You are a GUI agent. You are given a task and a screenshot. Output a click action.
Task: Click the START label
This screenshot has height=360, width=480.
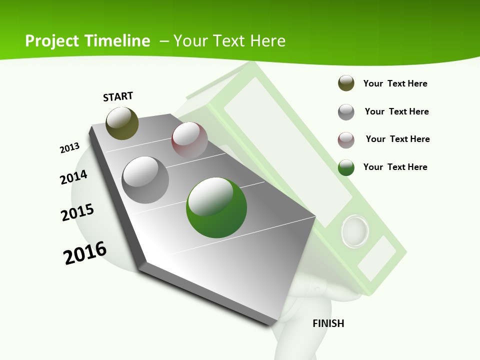pos(118,96)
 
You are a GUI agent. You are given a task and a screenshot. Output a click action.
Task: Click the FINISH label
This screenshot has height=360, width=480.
pos(328,323)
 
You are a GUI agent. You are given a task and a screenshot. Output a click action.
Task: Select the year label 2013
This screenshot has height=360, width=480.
pos(69,148)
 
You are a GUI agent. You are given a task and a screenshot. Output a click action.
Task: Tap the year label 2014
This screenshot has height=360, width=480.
pos(73,177)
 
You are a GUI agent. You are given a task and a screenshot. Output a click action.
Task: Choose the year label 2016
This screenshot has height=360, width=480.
pos(85,253)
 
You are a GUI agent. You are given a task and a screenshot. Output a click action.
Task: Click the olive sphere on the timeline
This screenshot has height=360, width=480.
pos(122,123)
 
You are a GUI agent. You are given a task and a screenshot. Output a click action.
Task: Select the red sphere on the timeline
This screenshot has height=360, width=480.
pos(189,140)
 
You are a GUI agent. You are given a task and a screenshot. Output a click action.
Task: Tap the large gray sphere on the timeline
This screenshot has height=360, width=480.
pos(145,179)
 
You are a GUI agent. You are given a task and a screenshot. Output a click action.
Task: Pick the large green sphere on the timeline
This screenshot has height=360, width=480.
pos(216,207)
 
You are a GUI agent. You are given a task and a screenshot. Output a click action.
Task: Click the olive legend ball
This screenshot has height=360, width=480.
pos(346,83)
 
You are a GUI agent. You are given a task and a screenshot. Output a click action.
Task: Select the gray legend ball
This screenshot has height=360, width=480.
pos(346,112)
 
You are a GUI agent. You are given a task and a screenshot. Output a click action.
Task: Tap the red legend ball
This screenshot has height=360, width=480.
pos(346,140)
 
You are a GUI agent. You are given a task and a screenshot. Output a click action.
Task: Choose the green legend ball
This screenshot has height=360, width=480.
pos(346,167)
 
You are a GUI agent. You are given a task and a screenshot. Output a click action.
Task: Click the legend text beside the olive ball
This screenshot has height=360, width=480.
pos(395,83)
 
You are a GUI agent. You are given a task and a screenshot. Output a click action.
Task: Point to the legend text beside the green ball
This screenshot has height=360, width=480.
pos(395,167)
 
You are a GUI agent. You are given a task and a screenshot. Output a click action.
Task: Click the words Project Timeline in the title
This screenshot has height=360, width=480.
pos(87,41)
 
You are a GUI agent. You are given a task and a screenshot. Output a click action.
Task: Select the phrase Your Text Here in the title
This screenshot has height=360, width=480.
pos(229,41)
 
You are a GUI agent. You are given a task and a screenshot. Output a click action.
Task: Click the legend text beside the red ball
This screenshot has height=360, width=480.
pos(397,139)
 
